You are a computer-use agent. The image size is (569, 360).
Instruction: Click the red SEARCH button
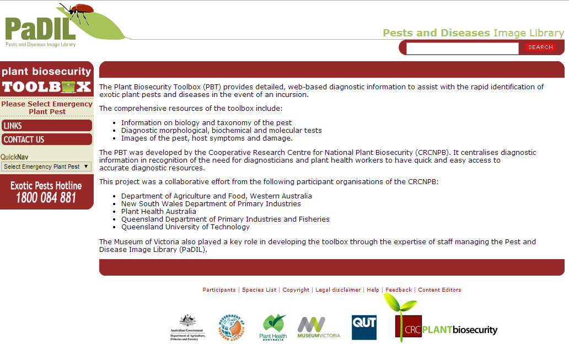click(x=540, y=47)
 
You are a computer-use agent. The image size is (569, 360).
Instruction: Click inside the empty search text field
click(x=462, y=49)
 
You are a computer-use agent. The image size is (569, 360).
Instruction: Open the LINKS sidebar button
click(x=46, y=126)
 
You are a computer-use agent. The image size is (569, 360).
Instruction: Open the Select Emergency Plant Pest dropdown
click(x=46, y=166)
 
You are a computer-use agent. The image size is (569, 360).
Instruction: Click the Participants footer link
click(x=219, y=290)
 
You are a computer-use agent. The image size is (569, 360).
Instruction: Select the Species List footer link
click(x=259, y=290)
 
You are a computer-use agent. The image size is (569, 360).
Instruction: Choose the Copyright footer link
click(x=296, y=290)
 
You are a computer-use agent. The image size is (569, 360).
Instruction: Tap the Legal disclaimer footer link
click(x=338, y=290)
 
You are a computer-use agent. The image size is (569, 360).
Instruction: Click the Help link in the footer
click(x=373, y=290)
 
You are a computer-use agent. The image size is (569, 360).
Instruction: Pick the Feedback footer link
click(x=399, y=290)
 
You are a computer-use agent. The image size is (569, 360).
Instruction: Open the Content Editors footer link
click(x=439, y=290)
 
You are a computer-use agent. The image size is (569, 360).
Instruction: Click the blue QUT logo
click(x=364, y=327)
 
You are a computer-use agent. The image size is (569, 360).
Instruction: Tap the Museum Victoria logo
click(x=319, y=327)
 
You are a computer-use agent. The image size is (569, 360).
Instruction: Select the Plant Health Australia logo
click(x=273, y=327)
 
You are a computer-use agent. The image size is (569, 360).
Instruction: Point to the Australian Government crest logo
click(x=188, y=327)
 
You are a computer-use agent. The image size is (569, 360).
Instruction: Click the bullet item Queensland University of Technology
click(x=185, y=227)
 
